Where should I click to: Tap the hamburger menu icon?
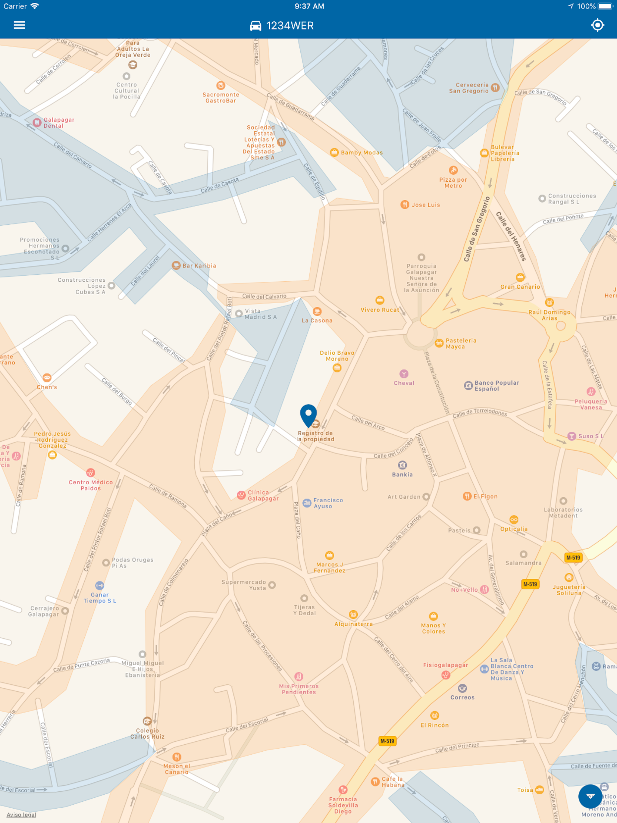point(19,25)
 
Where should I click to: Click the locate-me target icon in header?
point(597,25)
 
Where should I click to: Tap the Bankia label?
point(402,474)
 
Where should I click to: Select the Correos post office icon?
point(462,688)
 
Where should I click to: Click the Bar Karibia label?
point(199,266)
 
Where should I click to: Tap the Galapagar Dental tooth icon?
point(37,122)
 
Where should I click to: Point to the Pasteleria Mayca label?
point(461,343)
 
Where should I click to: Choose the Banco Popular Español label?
point(496,386)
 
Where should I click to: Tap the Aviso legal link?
point(21,815)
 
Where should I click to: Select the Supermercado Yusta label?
point(244,585)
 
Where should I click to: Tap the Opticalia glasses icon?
point(514,519)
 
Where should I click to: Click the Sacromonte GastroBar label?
point(221,98)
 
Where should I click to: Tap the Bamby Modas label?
point(361,152)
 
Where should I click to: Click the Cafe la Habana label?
point(393,782)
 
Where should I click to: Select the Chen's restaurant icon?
point(47,378)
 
